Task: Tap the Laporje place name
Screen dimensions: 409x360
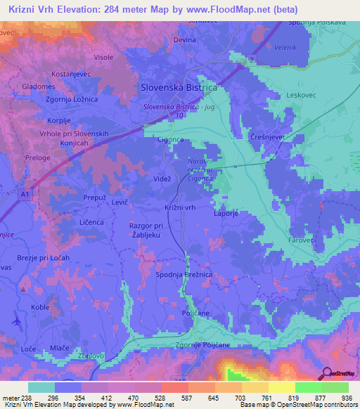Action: point(226,216)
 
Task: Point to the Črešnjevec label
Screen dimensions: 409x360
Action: point(268,138)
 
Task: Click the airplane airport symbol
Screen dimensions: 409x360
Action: point(16,321)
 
